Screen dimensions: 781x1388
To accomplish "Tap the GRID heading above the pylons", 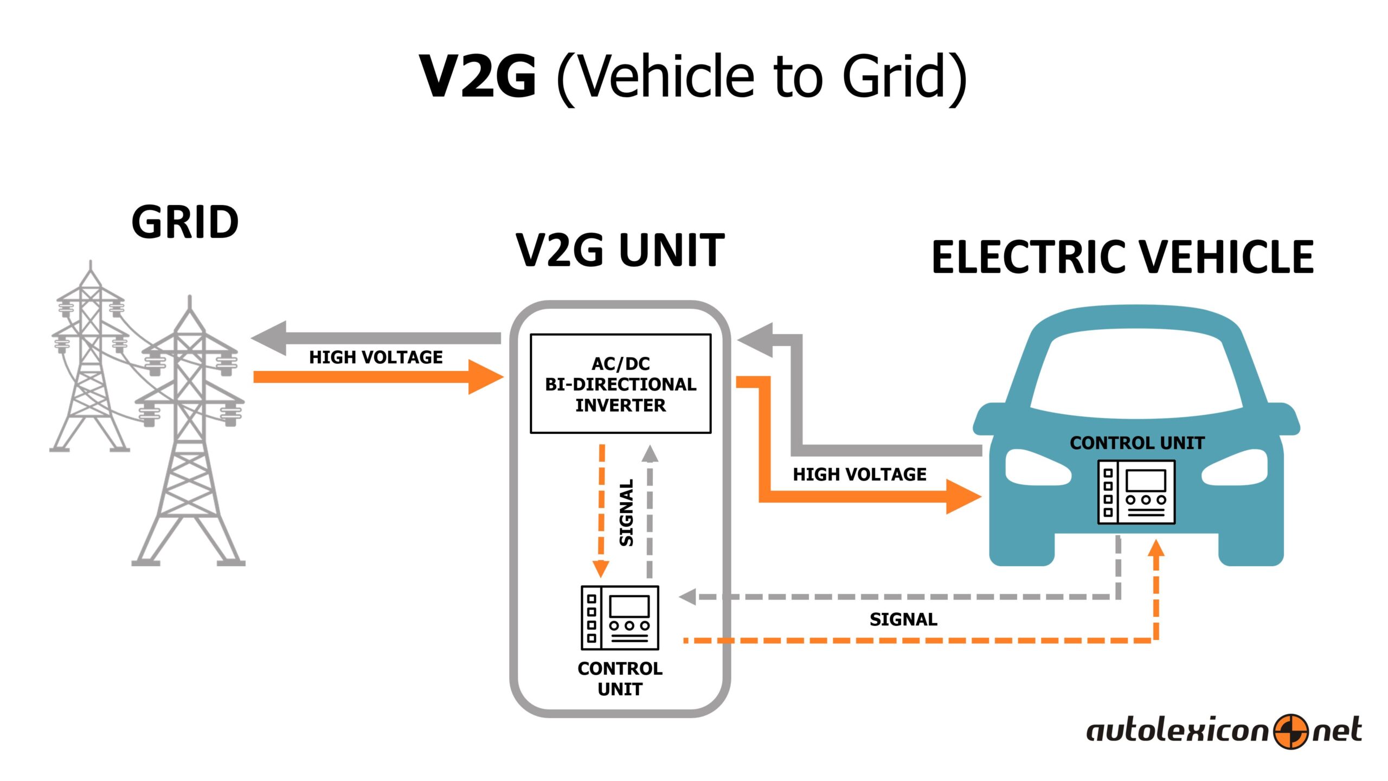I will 185,222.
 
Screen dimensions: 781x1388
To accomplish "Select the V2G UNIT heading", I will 620,250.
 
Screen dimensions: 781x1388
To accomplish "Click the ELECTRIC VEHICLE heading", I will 1122,257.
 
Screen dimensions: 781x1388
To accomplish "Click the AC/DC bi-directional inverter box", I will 620,383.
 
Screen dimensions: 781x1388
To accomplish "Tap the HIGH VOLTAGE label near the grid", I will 376,357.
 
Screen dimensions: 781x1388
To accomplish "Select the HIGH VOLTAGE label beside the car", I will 859,475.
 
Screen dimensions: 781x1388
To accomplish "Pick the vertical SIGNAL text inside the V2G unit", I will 626,513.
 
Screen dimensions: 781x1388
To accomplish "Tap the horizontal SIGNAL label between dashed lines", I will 903,619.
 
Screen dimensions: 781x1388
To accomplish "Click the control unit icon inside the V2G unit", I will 620,618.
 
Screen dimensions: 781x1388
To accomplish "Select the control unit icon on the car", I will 1136,492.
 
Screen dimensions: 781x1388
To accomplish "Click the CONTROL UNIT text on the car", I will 1137,443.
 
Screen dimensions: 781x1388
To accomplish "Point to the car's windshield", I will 1136,377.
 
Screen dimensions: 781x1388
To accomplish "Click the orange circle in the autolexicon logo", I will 1290,732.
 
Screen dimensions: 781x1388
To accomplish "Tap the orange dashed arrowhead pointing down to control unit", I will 601,568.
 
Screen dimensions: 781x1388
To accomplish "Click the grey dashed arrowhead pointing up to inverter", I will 650,453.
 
